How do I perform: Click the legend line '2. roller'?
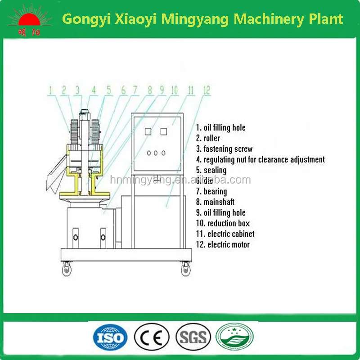coord(208,139)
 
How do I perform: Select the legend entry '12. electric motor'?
coord(222,245)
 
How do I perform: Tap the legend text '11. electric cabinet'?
coord(225,234)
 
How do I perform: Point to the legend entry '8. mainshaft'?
coord(215,202)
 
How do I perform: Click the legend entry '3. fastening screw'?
coord(224,149)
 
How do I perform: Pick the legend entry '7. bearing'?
coord(211,192)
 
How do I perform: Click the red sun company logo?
coord(28,20)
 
